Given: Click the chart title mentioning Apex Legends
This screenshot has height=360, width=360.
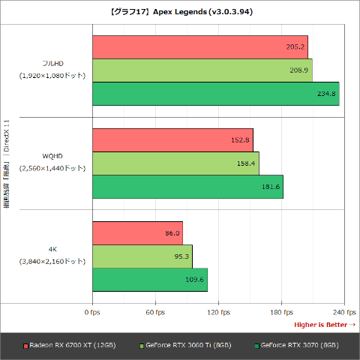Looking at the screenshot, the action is pos(181,12).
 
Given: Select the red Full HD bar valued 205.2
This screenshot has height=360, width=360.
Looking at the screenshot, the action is pos(200,47).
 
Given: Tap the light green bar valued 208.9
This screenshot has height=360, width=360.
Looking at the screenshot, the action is pos(202,70).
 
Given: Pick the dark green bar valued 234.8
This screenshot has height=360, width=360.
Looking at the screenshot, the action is pos(216,94).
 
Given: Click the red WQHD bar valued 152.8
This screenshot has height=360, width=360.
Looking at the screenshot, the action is pos(173,140).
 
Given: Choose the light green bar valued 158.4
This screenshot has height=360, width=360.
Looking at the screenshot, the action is pos(175,163).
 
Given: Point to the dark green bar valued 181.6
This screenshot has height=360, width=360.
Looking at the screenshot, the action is pos(188,187).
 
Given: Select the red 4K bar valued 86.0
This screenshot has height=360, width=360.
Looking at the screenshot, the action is pos(138,233).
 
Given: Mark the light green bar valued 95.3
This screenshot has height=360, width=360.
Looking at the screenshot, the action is pos(142,256).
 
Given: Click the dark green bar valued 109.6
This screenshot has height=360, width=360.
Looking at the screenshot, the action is pos(150,280).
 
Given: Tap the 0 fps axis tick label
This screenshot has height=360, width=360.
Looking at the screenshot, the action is pos(92,313).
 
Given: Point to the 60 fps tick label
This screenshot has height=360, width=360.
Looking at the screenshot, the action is pos(155,313).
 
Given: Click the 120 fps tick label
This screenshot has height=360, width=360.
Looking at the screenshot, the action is pos(218,313).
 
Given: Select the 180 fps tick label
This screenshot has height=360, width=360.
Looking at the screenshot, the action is pos(281,313).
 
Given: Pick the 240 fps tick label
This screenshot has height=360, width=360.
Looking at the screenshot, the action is pos(344,313).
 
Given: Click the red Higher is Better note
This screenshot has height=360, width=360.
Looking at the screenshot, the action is pos(325,325).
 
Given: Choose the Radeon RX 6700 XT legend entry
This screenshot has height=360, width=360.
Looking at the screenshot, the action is pos(70,346).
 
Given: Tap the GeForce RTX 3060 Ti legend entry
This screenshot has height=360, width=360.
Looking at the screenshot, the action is pos(185,346).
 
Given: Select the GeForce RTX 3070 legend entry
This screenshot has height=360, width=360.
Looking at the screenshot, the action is pos(297,346).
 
